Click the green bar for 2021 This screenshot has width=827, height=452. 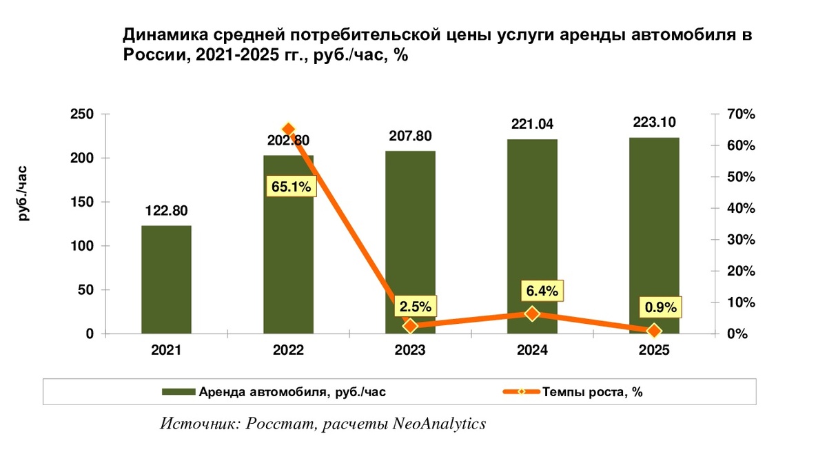tap(167, 280)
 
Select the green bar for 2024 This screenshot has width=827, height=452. tap(532, 236)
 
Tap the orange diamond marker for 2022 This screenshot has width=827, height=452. tap(289, 129)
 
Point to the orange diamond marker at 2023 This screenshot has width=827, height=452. tap(410, 326)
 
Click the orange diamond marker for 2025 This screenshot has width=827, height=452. tap(654, 331)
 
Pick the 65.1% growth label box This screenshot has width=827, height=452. tap(292, 186)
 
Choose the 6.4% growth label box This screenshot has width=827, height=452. tap(542, 291)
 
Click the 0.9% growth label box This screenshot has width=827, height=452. tap(661, 307)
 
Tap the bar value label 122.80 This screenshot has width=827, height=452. tap(167, 211)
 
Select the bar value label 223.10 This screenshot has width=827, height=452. tap(654, 122)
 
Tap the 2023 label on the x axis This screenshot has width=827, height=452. tap(410, 350)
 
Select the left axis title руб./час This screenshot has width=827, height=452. tap(23, 194)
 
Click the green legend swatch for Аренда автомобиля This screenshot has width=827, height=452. tap(178, 392)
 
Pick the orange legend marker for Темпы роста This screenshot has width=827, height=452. tap(521, 392)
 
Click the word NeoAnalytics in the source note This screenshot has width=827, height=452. tap(439, 424)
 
